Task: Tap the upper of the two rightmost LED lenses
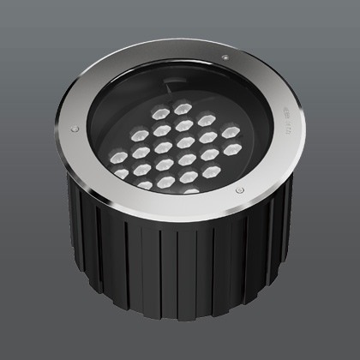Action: pos(231,131)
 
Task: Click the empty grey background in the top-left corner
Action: pos(26,26)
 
